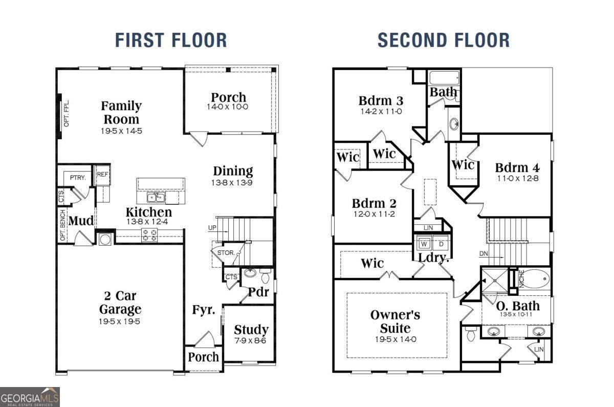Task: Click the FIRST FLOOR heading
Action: tap(171, 40)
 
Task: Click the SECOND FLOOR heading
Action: tap(443, 40)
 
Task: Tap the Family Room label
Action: tap(121, 113)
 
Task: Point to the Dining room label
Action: tap(233, 171)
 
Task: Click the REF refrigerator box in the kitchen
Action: tap(102, 174)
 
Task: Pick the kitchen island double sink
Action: tap(155, 197)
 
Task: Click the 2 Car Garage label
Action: tap(120, 303)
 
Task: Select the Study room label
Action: tap(251, 330)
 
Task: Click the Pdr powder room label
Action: tap(258, 292)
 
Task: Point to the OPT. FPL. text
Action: tap(67, 114)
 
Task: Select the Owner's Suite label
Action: tap(396, 321)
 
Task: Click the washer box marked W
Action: tap(424, 244)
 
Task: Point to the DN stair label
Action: tap(484, 254)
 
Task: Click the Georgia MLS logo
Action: tap(30, 397)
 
